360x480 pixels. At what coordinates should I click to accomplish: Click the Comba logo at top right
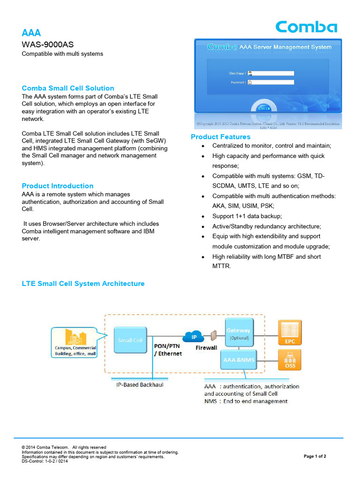[306, 27]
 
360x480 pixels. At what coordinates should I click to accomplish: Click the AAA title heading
[31, 33]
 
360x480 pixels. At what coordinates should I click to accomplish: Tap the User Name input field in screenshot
[273, 73]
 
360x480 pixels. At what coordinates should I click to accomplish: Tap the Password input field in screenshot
[273, 82]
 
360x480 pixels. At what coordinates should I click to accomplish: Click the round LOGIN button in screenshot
[263, 107]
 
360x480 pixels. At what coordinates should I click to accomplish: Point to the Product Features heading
[220, 137]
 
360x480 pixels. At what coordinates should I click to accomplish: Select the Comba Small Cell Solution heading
[68, 88]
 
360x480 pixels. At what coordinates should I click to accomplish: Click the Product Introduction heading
[58, 186]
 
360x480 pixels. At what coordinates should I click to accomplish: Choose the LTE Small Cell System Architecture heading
[83, 284]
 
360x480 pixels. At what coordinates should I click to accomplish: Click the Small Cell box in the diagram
[130, 340]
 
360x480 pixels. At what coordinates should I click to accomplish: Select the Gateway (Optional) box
[239, 333]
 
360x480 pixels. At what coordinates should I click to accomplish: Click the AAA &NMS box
[239, 360]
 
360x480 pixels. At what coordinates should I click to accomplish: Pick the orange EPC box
[290, 332]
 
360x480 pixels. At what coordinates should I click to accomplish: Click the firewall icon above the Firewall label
[214, 336]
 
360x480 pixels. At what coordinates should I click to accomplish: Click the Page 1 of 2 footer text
[315, 456]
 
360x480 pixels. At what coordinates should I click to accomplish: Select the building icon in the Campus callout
[75, 337]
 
